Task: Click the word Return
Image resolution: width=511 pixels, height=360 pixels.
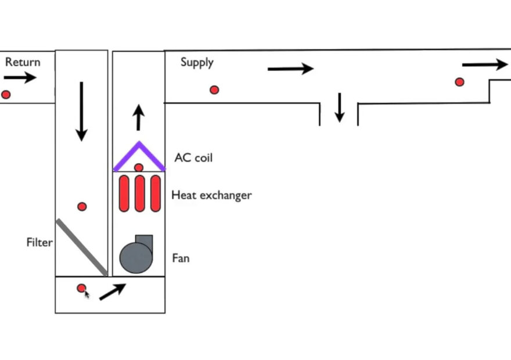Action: [23, 62]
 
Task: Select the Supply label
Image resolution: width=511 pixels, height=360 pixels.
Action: [197, 62]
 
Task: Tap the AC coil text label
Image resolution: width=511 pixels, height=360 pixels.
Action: [193, 157]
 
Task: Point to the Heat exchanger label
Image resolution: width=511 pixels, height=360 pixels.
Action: [211, 195]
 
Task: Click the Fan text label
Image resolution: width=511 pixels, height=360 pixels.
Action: [181, 258]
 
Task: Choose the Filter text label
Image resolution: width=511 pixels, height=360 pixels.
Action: [39, 242]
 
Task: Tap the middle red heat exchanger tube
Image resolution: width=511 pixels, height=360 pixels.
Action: [139, 194]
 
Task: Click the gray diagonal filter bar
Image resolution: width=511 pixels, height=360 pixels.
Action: [81, 247]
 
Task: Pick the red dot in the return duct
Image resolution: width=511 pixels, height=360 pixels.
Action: [6, 95]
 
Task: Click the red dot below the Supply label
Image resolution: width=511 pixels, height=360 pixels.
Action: [214, 90]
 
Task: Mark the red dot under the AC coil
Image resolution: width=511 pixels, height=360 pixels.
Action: [139, 168]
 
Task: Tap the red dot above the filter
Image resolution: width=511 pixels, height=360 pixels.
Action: [82, 207]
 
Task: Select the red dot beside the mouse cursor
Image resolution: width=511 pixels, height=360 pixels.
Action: [81, 287]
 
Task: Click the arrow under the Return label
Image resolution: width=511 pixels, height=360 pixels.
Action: [20, 77]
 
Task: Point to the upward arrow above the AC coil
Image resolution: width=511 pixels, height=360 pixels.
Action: [138, 118]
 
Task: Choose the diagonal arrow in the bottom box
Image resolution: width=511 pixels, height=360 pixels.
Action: [113, 291]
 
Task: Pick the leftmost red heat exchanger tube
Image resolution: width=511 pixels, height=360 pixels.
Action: [124, 194]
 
